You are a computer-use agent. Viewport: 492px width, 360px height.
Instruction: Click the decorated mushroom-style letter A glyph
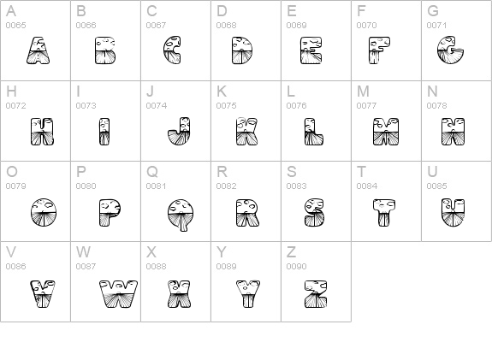(x=38, y=50)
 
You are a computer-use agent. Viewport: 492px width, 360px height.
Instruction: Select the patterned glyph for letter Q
(x=181, y=215)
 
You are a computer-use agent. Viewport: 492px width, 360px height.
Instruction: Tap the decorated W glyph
(x=119, y=294)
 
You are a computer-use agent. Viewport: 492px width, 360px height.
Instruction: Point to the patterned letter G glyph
(x=450, y=50)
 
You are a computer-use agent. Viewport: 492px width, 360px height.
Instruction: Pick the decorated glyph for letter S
(x=314, y=212)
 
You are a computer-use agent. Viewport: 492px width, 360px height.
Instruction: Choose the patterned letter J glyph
(x=179, y=132)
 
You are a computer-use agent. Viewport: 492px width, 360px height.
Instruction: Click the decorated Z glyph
(x=316, y=294)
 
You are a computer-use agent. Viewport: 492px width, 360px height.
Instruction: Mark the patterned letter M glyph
(x=386, y=132)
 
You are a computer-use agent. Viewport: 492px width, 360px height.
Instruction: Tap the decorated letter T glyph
(x=384, y=212)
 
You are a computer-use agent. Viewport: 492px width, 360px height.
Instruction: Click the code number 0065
(x=16, y=25)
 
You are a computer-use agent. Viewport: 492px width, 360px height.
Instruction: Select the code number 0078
(x=436, y=106)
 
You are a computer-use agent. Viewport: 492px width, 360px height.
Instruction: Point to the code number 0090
(x=297, y=267)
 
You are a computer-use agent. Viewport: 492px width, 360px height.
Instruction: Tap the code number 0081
(x=157, y=186)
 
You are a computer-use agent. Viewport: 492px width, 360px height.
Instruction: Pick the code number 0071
(x=436, y=25)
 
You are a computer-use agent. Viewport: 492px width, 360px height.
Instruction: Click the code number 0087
(x=86, y=267)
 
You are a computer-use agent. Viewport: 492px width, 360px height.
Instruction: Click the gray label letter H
(x=11, y=91)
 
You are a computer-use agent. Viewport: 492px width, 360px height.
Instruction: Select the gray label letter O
(x=12, y=172)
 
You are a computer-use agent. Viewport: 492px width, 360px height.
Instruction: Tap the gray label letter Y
(x=222, y=252)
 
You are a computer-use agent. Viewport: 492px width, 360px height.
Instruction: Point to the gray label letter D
(x=222, y=11)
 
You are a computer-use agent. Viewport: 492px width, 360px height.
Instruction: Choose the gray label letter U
(x=432, y=172)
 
